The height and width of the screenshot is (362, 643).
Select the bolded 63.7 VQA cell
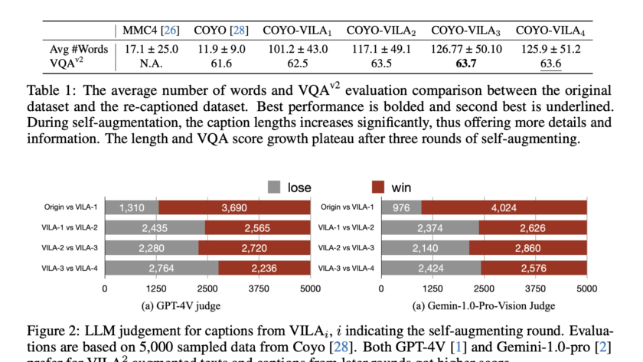click(x=468, y=62)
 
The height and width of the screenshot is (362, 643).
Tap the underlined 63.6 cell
click(x=548, y=62)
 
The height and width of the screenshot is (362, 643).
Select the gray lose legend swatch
click(x=274, y=186)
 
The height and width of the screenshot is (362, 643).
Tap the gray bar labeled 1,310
click(x=131, y=207)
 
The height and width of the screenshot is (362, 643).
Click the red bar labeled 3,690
click(x=234, y=207)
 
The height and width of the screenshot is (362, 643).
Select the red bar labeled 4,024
click(x=504, y=207)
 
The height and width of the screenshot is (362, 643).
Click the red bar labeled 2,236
click(x=264, y=267)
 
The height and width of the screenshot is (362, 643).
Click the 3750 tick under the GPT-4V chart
click(x=259, y=289)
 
